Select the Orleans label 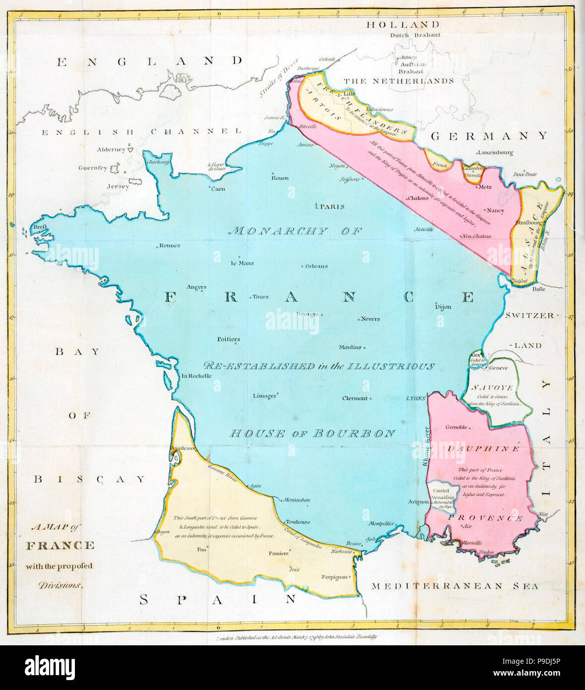pos(316,266)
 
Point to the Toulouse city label pos(298,522)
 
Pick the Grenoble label pos(456,427)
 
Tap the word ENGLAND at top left pos(149,62)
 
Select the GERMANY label pos(489,136)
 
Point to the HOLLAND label pos(403,24)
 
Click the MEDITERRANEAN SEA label pos(455,586)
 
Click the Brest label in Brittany pos(40,226)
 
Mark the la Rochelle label pos(196,376)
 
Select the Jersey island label pos(118,187)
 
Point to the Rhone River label pos(425,447)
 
